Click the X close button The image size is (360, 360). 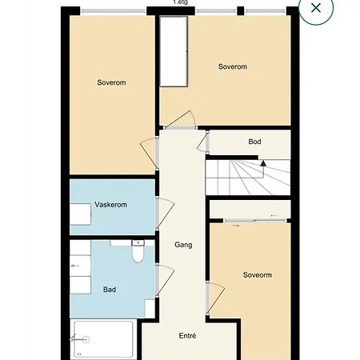[x=316, y=8]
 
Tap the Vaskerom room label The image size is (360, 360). [x=110, y=205]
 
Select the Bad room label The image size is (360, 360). [x=110, y=290]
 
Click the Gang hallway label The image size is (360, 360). [x=183, y=245]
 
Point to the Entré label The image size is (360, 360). [x=187, y=336]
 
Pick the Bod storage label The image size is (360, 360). [x=254, y=142]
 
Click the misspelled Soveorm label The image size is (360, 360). [x=258, y=275]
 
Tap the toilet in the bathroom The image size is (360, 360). [x=138, y=251]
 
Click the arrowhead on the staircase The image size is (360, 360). [x=263, y=163]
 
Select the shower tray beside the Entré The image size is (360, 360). [x=103, y=339]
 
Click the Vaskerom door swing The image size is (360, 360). [x=166, y=213]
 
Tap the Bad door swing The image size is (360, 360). [x=166, y=280]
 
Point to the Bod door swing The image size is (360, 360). [x=202, y=142]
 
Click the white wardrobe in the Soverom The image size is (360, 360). [x=174, y=51]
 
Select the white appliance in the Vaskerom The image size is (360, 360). [x=80, y=214]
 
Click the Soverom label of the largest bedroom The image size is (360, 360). [x=111, y=82]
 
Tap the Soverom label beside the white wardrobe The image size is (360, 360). [x=233, y=66]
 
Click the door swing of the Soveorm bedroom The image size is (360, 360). [x=216, y=298]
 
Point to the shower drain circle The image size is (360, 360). [x=86, y=339]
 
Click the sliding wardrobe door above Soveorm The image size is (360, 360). [x=255, y=221]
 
